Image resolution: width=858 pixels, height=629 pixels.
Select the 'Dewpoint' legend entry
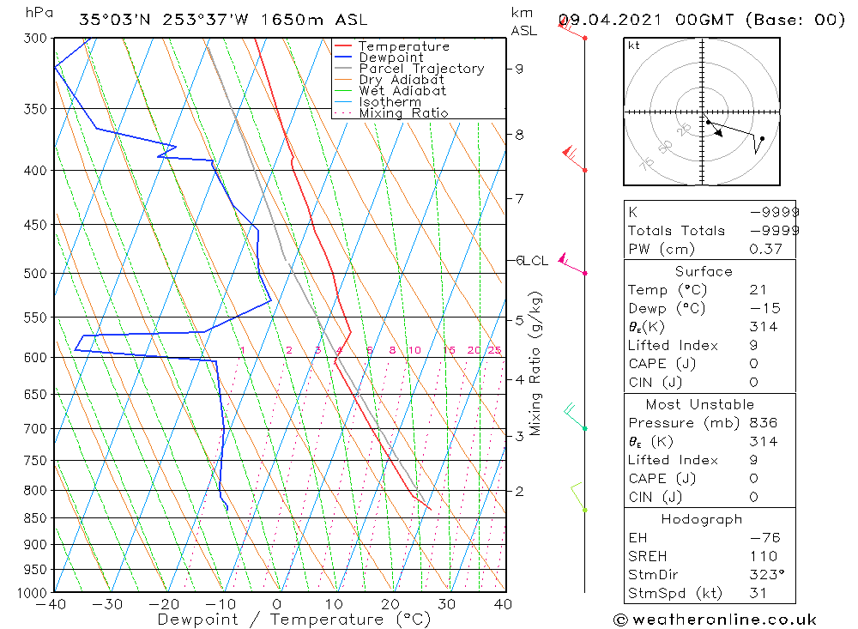click(390, 57)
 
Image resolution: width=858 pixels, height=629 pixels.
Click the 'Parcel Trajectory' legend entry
click(421, 69)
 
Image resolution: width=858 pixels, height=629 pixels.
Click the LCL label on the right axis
click(535, 261)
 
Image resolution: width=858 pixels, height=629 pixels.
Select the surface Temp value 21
click(758, 290)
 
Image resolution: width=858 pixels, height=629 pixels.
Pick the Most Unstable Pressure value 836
click(763, 423)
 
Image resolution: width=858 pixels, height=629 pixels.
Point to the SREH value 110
click(763, 557)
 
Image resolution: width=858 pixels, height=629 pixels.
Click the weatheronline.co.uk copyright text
click(715, 620)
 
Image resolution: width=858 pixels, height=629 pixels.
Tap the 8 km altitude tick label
click(520, 135)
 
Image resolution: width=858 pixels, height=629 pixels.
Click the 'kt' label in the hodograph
click(634, 45)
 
